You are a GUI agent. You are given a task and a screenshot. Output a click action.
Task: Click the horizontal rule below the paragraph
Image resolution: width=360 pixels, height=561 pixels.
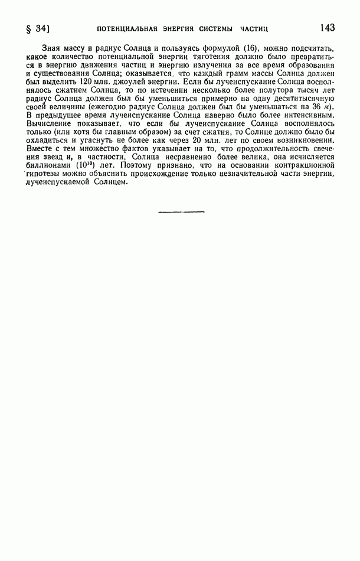(181, 211)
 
